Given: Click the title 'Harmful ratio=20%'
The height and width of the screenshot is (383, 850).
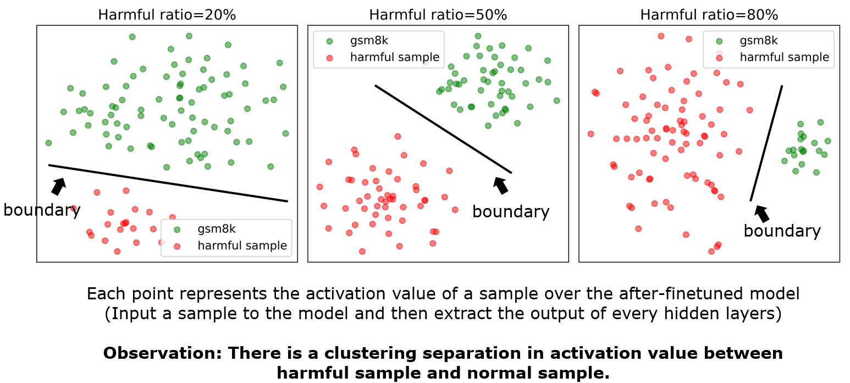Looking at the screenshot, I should (x=167, y=14).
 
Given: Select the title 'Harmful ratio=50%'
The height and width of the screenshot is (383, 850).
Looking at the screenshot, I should (x=438, y=14).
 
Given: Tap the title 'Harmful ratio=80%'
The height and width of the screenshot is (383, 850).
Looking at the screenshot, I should (x=709, y=14).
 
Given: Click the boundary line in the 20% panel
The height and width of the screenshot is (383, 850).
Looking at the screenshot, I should (x=168, y=183).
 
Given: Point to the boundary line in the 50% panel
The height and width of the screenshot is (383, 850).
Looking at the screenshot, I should (x=443, y=129).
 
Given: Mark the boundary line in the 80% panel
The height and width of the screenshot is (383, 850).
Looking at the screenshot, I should (x=766, y=143).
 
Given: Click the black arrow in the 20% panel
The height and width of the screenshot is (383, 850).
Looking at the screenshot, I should (x=58, y=185).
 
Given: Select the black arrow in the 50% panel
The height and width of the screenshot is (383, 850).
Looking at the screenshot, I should (x=500, y=184).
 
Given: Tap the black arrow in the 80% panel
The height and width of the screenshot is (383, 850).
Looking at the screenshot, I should (x=761, y=214).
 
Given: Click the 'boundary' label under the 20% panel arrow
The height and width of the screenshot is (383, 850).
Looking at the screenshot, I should (x=42, y=210).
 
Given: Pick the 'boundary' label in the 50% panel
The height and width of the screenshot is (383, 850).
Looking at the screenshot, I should (x=511, y=212).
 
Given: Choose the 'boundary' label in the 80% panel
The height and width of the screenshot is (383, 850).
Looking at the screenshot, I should (x=782, y=231).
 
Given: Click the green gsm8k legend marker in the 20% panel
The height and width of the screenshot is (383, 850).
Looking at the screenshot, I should (x=177, y=229).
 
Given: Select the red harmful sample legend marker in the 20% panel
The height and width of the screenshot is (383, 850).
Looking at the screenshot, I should (x=177, y=246).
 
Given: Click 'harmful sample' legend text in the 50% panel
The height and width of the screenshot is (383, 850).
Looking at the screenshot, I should (x=394, y=57).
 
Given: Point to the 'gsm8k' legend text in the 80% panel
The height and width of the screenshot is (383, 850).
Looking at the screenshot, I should (x=758, y=41).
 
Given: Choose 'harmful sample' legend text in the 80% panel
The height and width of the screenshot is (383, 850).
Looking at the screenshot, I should (x=784, y=57).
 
